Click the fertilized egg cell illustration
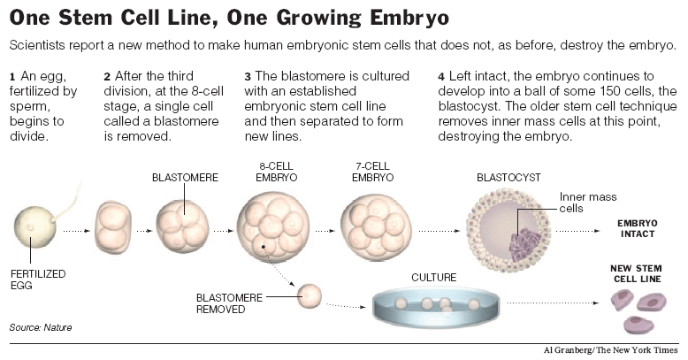(33, 228)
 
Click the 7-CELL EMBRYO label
(371, 170)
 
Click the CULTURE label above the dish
(434, 278)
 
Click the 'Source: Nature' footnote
(40, 328)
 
